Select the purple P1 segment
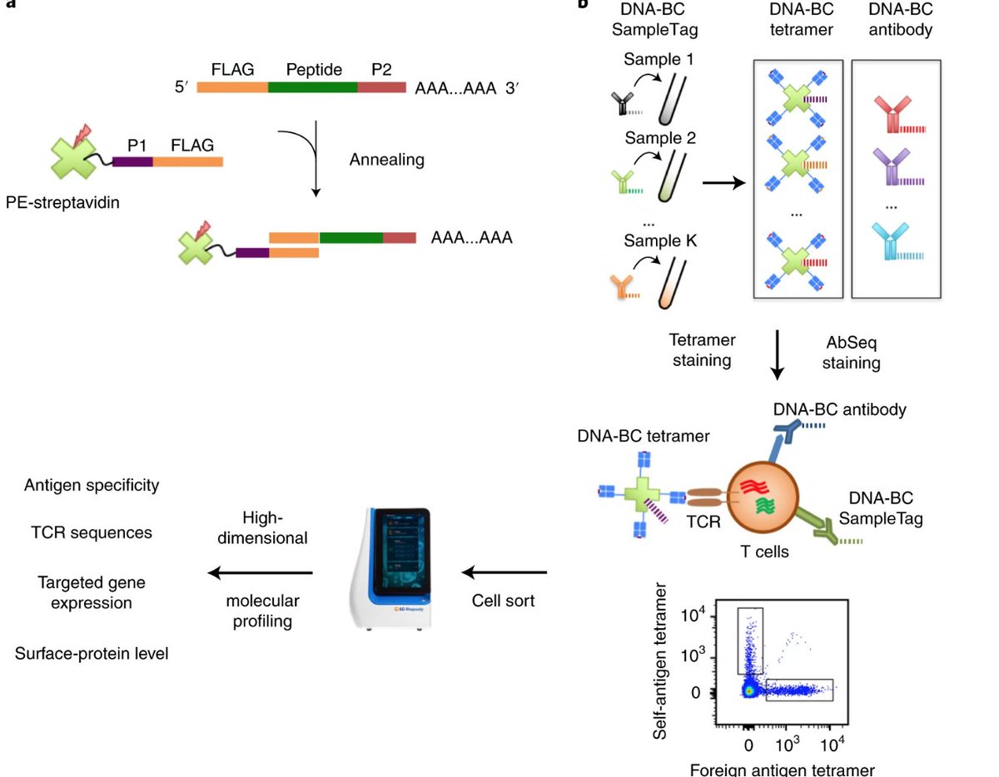tap(132, 162)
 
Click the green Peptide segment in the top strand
tap(313, 87)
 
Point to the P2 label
tap(380, 69)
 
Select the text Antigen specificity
tap(92, 485)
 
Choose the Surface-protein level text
tap(92, 654)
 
